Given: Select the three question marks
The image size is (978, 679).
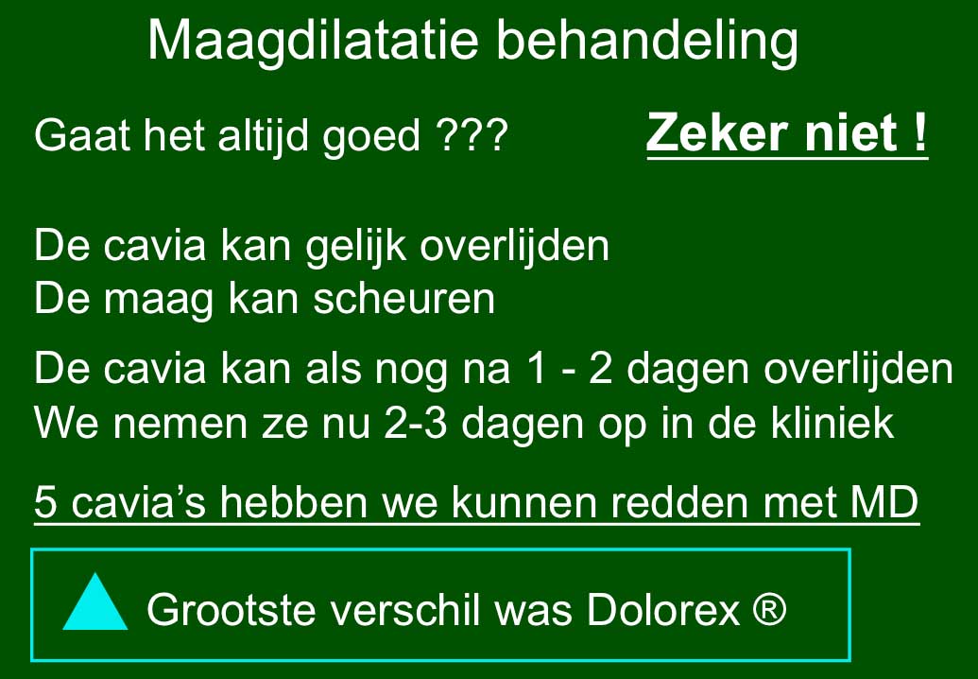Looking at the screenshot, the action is pos(472,135).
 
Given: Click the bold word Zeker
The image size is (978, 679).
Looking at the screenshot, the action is pos(716,132).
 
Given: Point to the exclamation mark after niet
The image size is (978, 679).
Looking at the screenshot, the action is pos(920,132).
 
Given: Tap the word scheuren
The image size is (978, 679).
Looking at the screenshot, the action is pos(404,298).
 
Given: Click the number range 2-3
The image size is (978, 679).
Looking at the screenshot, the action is pos(416,423).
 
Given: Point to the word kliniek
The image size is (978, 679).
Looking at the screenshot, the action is pos(832,423).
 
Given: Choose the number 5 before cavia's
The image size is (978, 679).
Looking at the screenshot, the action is pos(45,501).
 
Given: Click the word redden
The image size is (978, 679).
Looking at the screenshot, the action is pos(679,501).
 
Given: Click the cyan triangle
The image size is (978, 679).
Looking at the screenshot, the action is pos(95,602).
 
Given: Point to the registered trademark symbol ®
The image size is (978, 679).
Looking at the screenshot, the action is pos(770,607).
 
